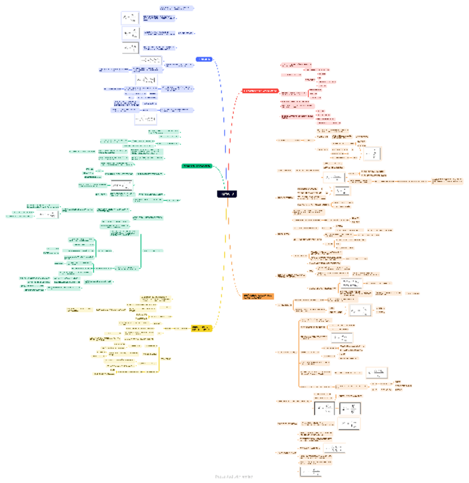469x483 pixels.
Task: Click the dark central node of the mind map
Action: click(x=227, y=194)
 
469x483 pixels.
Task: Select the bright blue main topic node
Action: click(x=204, y=59)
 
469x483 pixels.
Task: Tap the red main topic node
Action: click(x=260, y=91)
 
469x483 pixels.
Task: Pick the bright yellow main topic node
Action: click(x=201, y=328)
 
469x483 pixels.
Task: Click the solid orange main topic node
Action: click(x=258, y=296)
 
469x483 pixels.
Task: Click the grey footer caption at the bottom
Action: click(x=234, y=477)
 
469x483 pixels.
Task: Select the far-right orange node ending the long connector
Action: click(x=447, y=181)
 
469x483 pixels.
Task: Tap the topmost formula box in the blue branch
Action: click(x=130, y=18)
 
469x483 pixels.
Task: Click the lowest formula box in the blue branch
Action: click(x=146, y=119)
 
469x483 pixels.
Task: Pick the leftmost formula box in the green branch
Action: click(x=48, y=215)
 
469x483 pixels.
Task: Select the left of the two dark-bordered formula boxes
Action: click(x=324, y=408)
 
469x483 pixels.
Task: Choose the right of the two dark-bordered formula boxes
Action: click(x=350, y=408)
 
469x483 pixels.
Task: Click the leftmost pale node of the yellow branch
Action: click(x=79, y=310)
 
